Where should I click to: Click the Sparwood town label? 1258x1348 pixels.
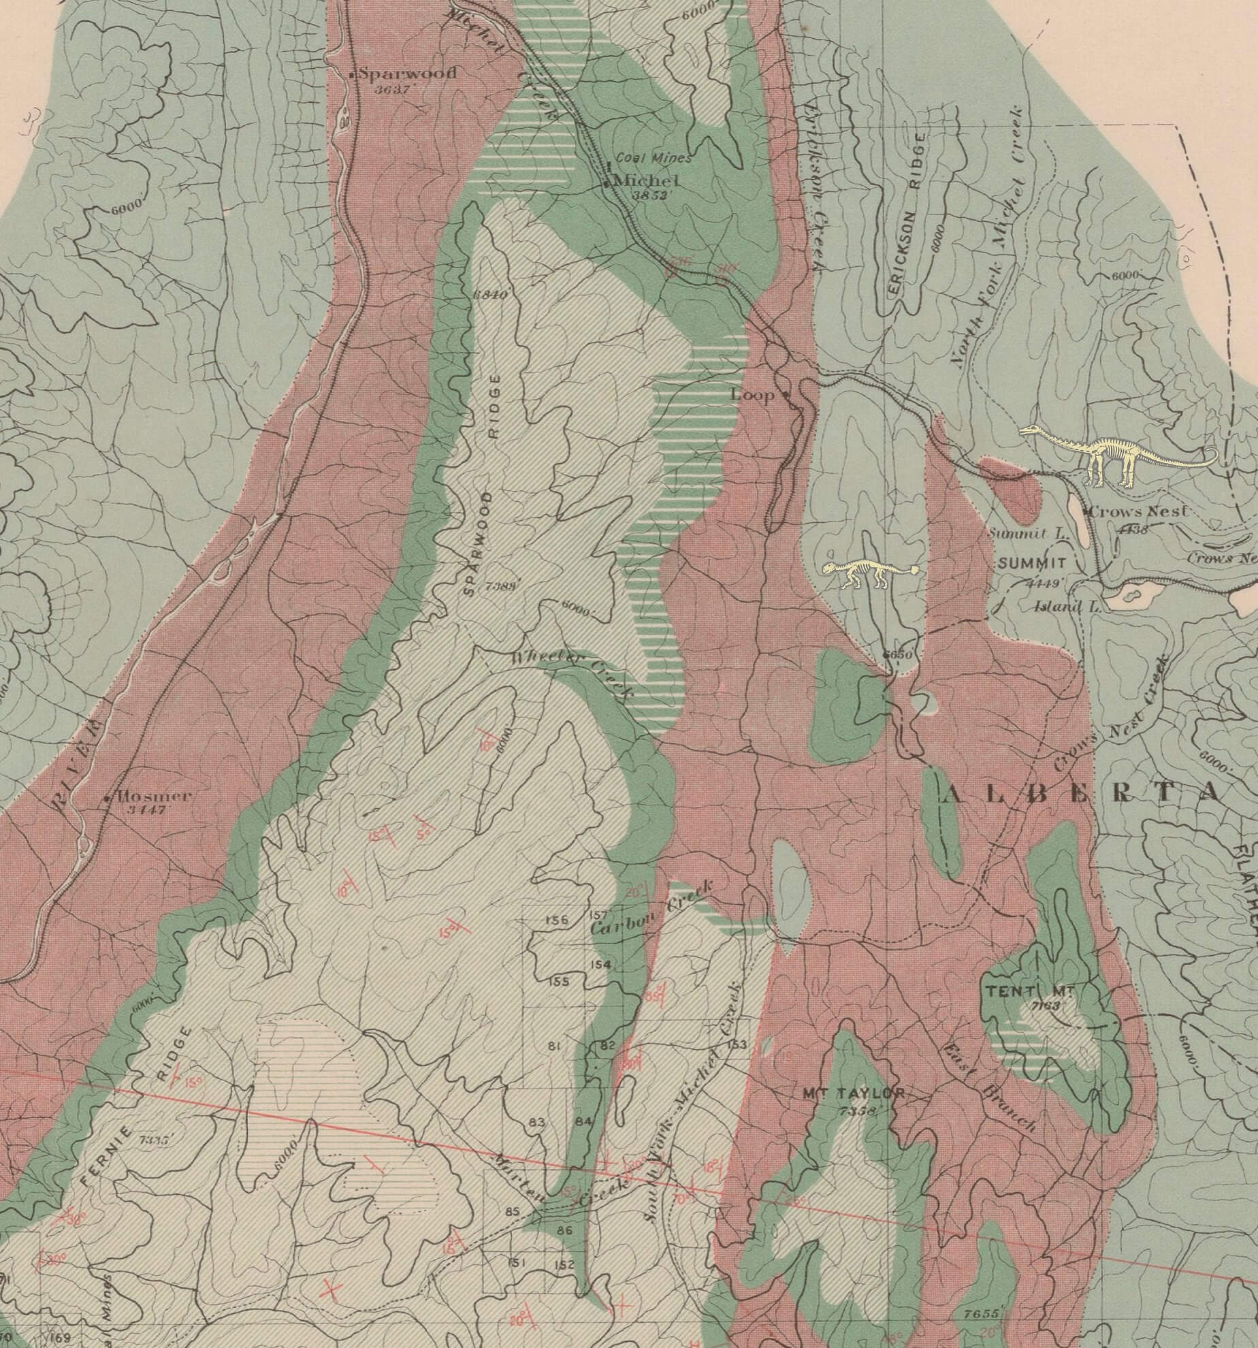[x=407, y=73]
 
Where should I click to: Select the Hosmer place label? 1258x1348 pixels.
[x=155, y=796]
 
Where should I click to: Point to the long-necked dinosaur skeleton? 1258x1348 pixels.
[x=1116, y=454]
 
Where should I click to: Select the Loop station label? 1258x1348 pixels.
[x=752, y=395]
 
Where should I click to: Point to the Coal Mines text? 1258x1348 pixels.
[x=653, y=158]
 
